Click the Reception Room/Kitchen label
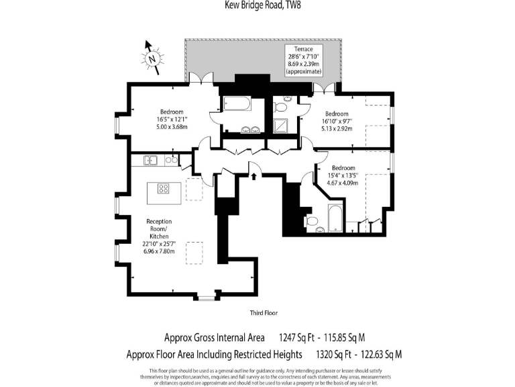(x=159, y=236)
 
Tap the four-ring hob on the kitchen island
(x=164, y=188)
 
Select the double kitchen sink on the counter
(x=152, y=160)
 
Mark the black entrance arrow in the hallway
(x=254, y=177)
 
